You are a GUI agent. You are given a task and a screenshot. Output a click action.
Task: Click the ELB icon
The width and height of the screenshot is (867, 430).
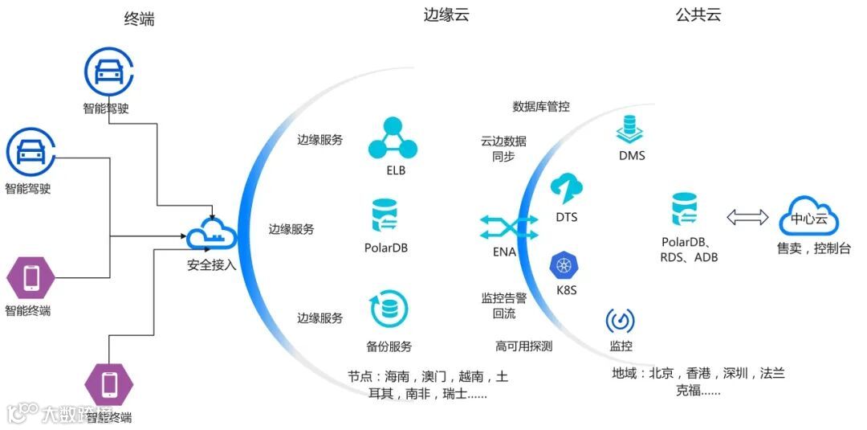coord(393,138)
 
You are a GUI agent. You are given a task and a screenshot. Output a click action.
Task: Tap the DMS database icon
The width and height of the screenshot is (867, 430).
coord(631,129)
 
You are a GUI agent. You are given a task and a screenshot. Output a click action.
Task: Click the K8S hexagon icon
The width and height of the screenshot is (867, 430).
coord(566,266)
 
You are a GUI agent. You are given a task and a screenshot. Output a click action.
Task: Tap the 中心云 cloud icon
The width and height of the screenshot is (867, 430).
coord(803,216)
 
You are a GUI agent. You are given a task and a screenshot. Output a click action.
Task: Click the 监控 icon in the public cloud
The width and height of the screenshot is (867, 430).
coord(620,321)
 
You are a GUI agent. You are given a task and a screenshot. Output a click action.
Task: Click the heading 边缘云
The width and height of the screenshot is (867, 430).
coord(446,14)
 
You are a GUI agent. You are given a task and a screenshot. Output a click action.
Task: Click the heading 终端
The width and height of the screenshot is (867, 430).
coord(140,19)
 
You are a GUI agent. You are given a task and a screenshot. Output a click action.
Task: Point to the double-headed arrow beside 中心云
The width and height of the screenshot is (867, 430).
coord(747,217)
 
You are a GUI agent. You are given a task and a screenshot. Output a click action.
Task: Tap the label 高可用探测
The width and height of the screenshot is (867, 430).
coord(523,346)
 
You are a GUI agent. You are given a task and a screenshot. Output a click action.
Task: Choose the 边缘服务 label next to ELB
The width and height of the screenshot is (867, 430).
coord(320,140)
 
